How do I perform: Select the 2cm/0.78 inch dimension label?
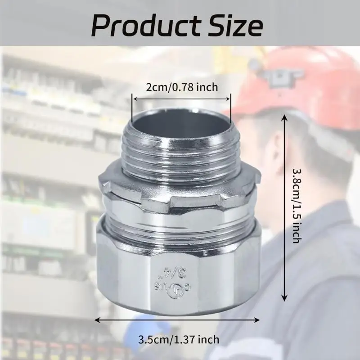pyautogui.click(x=181, y=87)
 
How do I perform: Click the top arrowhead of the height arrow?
pyautogui.click(x=284, y=117)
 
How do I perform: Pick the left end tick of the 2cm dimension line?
pyautogui.click(x=132, y=103)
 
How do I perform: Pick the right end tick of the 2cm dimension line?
pyautogui.click(x=231, y=103)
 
